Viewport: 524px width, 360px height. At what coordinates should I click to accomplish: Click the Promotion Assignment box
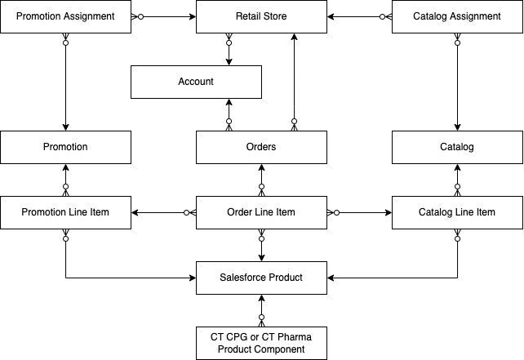(65, 16)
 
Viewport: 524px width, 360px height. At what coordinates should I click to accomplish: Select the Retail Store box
(261, 16)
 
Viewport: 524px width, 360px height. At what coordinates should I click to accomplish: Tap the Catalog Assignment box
(457, 16)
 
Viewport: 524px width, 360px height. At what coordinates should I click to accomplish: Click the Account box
(196, 82)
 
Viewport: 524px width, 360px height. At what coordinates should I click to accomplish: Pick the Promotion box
(65, 147)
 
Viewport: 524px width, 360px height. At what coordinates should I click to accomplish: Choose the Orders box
(261, 147)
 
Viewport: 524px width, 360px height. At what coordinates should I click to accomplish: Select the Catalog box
(457, 147)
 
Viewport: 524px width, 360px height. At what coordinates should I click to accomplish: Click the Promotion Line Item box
(65, 212)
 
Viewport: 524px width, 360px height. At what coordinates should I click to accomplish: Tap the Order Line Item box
(261, 212)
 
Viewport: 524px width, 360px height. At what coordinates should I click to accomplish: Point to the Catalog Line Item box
(457, 212)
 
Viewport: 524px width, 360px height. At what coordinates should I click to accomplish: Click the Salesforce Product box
(261, 278)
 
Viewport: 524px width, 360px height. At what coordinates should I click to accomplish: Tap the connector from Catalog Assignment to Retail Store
(359, 16)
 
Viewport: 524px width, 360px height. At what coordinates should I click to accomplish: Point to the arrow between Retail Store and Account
(229, 49)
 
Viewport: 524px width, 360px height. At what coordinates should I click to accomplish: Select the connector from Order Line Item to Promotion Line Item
(163, 212)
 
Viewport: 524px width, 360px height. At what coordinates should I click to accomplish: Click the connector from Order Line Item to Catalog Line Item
(359, 212)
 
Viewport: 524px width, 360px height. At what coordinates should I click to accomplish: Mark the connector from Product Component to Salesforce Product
(261, 310)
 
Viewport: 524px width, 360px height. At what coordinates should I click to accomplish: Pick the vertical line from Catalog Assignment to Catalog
(457, 82)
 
